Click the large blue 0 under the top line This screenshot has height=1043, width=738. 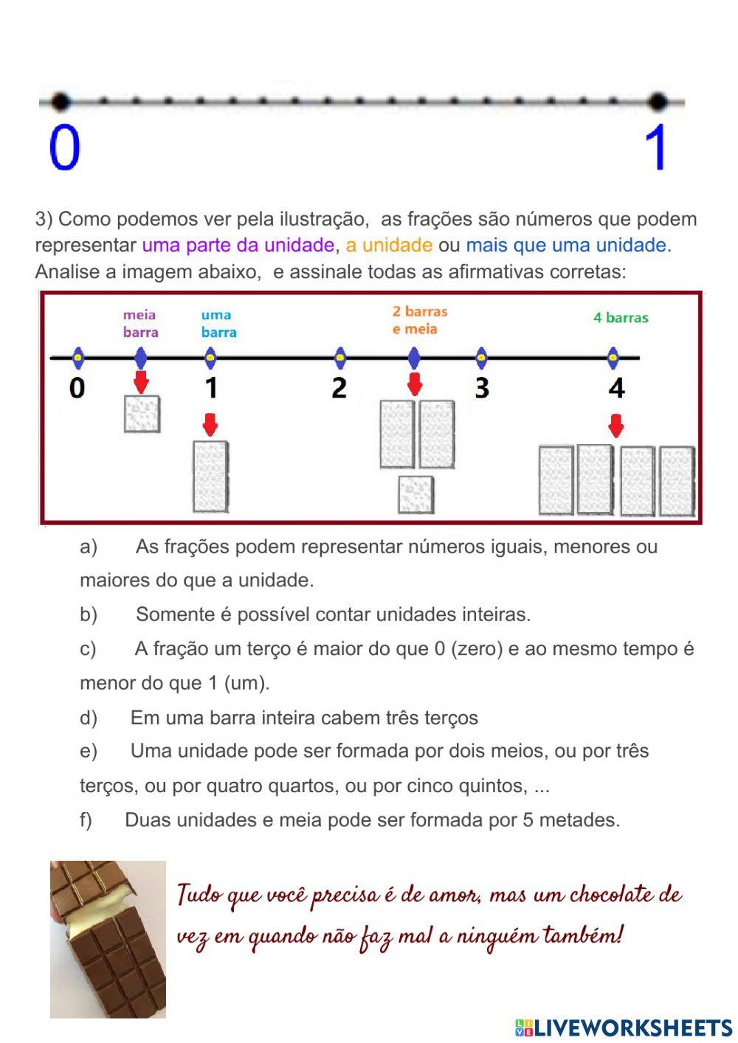click(64, 148)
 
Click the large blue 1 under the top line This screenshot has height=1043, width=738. click(656, 148)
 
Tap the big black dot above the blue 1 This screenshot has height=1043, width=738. click(658, 101)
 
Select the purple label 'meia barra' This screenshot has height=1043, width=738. click(140, 324)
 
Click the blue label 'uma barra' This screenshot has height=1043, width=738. click(218, 324)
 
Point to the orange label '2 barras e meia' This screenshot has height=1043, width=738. click(420, 320)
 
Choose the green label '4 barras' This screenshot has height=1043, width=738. click(621, 318)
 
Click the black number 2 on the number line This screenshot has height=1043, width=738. click(339, 387)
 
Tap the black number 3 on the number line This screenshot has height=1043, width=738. click(481, 387)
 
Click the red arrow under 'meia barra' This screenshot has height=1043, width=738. click(141, 382)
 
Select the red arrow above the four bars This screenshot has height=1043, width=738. click(616, 426)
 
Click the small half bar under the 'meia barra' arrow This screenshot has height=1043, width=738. click(142, 414)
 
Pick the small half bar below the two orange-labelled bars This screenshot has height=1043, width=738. click(415, 494)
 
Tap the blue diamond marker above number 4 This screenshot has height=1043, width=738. click(613, 358)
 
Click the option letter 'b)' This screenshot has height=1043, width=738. click(89, 614)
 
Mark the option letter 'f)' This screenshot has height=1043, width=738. click(86, 819)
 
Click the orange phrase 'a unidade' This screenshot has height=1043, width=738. click(389, 245)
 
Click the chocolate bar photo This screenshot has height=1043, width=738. click(108, 939)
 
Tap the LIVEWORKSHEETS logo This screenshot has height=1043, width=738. click(624, 1028)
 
